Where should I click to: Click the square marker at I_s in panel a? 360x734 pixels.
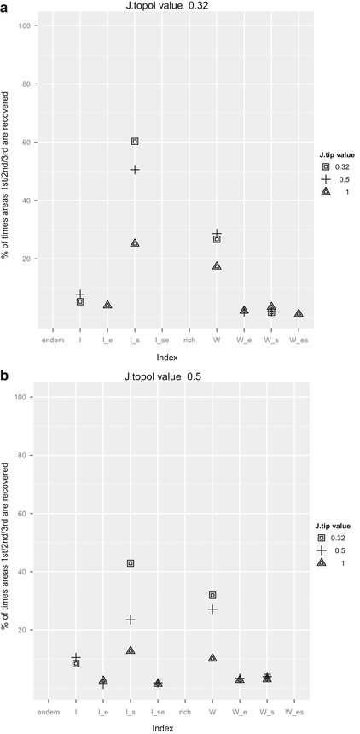tap(135, 142)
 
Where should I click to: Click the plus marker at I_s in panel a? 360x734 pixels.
tap(135, 170)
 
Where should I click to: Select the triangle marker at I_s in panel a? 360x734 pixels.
tap(135, 242)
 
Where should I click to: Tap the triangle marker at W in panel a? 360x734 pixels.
tap(217, 265)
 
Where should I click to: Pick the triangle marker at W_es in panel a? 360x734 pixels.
tap(299, 313)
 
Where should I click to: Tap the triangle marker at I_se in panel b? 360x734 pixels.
tap(158, 683)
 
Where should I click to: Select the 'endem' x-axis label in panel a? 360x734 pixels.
tap(53, 340)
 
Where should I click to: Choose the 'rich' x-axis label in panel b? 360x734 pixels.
tap(185, 710)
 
